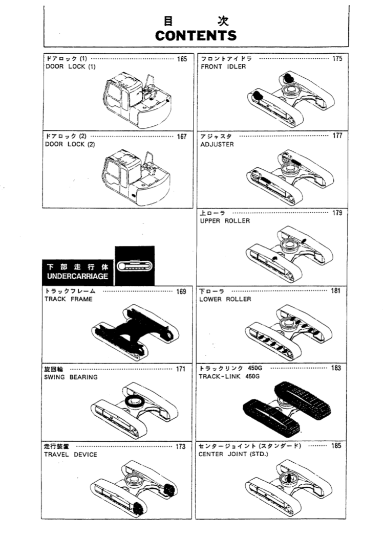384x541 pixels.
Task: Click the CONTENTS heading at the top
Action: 196,35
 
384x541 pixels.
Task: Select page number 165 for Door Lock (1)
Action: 182,59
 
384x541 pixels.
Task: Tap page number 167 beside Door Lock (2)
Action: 182,137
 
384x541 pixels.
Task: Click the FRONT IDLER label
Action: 223,66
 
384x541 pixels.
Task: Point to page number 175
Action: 337,59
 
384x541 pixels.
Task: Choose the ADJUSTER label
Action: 217,144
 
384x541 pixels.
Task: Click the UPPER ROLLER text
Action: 225,221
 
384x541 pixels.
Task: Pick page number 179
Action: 337,213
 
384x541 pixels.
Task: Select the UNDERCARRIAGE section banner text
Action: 78,276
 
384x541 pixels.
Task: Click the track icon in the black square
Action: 135,266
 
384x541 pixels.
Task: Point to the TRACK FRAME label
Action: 69,299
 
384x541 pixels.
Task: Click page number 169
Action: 181,292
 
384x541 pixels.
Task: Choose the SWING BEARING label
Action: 71,377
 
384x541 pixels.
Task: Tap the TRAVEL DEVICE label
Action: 71,455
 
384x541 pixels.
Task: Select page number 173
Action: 181,447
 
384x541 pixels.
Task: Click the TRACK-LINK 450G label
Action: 229,376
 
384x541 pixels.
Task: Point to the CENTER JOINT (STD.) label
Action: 233,454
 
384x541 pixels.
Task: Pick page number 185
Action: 336,446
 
